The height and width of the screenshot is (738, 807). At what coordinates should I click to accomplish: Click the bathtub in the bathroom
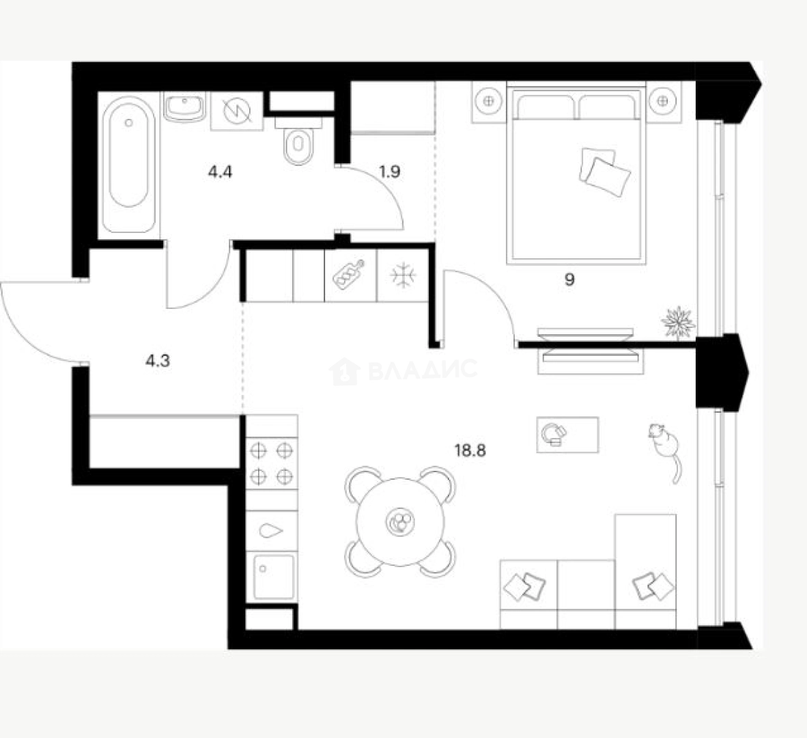pos(130,164)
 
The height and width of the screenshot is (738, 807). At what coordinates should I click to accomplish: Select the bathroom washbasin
pos(184,107)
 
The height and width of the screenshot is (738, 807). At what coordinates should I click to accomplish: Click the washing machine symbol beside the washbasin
pos(236,110)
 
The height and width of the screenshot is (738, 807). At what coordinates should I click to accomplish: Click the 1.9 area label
pos(389,172)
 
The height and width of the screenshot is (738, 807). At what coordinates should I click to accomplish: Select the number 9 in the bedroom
pos(569,279)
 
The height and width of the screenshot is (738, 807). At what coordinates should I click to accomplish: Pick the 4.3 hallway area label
pos(157,361)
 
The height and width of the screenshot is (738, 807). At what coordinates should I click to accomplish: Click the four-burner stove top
pos(272,463)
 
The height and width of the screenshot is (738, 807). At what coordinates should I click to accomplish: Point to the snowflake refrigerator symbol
pos(403,275)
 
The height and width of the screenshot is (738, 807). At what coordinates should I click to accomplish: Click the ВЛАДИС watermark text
pos(421,370)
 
